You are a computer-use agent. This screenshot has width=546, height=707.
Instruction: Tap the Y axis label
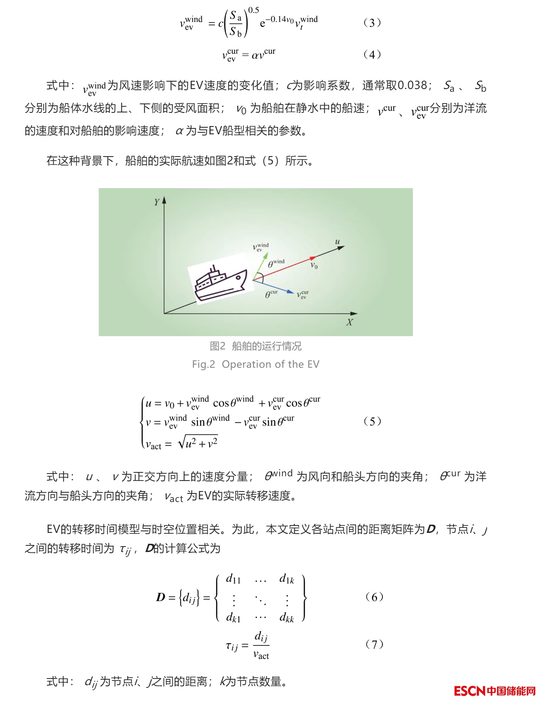[157, 202]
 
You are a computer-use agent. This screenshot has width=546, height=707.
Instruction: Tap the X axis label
[349, 322]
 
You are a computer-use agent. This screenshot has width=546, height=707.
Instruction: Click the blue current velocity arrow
[274, 286]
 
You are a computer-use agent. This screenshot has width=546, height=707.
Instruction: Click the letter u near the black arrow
[338, 242]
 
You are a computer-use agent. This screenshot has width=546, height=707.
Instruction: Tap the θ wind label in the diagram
[276, 264]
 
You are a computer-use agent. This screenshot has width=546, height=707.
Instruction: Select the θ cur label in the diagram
[271, 294]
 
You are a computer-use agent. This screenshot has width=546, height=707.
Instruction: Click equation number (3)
[372, 23]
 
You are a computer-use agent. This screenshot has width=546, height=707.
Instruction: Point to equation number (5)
[372, 421]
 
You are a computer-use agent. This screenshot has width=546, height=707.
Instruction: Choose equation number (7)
[374, 644]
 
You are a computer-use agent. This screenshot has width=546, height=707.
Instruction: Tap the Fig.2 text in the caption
[203, 364]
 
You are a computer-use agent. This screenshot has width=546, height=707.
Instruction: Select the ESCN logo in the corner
[494, 691]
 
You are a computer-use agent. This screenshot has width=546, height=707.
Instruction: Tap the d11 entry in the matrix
[233, 579]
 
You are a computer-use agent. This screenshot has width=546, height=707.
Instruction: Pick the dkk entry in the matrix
[286, 618]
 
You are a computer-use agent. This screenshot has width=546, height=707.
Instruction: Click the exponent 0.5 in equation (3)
[253, 10]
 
